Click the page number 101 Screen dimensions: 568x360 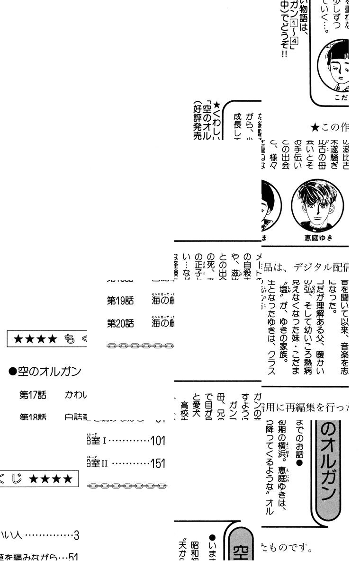click(x=157, y=441)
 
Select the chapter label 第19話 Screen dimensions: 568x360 click(x=120, y=301)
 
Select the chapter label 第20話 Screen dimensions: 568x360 click(x=120, y=323)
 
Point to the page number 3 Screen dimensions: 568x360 click(x=76, y=536)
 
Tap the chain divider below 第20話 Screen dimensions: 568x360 click(x=141, y=346)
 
